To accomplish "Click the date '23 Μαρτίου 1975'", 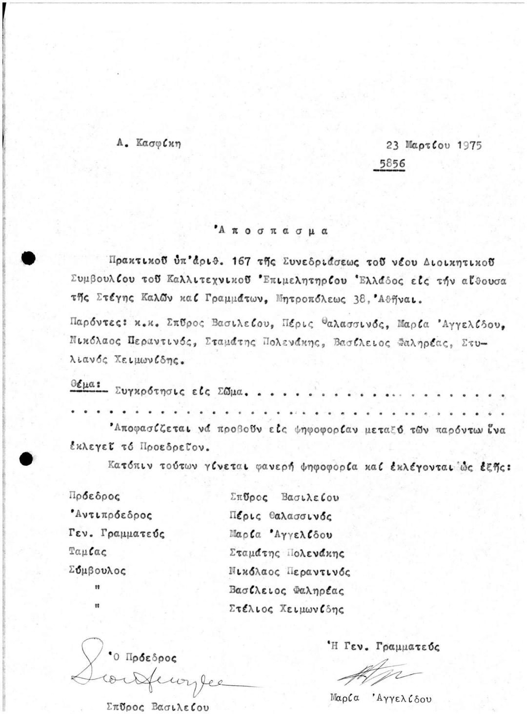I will [x=434, y=145].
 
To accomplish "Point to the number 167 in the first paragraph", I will [x=243, y=261].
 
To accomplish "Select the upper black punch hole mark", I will [x=28, y=258].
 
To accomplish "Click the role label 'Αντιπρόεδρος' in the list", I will [x=111, y=515].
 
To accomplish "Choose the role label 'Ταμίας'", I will [x=88, y=552].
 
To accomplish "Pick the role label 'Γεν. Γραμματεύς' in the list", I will [x=117, y=534].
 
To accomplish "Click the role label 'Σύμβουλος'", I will [x=98, y=570].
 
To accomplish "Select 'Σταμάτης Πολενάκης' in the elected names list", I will [x=287, y=553].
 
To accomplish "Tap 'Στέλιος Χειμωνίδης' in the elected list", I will [x=286, y=609].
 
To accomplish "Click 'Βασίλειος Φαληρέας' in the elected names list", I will [x=286, y=591].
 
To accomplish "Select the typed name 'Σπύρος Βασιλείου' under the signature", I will [x=157, y=706].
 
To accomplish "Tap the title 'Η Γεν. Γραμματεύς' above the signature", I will [x=384, y=647].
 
